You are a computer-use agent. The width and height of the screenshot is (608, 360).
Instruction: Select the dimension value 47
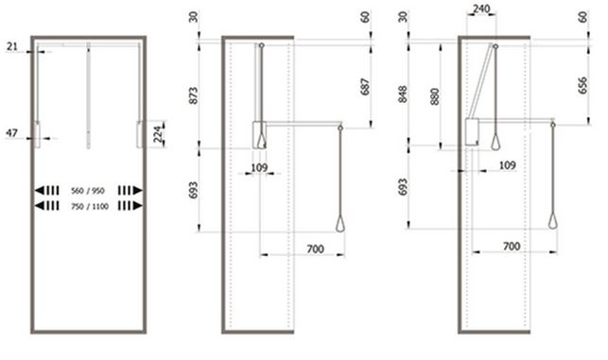pyautogui.click(x=11, y=134)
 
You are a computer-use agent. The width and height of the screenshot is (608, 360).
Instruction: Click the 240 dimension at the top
pyautogui.click(x=481, y=9)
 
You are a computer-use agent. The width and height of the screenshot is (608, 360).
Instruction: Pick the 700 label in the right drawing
pyautogui.click(x=512, y=247)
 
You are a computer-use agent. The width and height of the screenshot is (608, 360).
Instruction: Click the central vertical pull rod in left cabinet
pyautogui.click(x=88, y=94)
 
